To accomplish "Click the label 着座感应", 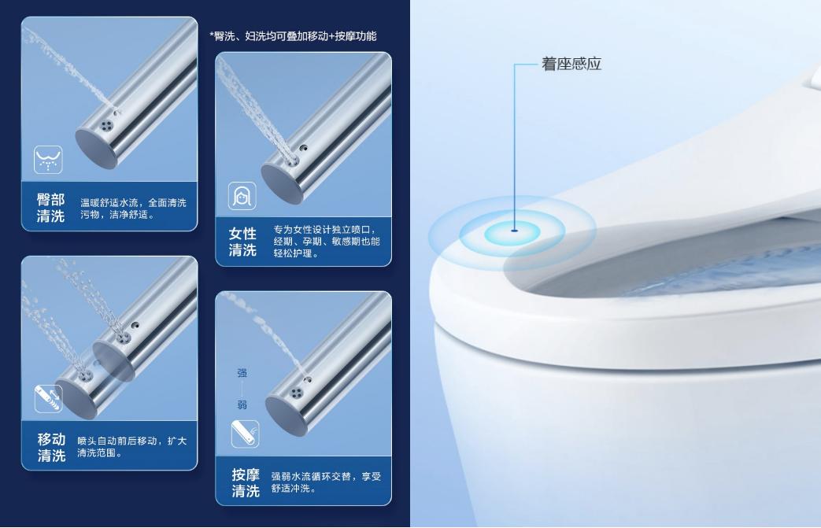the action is (x=571, y=64).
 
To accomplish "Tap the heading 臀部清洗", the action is (x=51, y=208).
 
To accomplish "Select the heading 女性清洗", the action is (x=242, y=242).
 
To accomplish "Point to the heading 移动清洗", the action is (x=51, y=447).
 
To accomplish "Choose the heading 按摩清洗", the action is (x=246, y=482).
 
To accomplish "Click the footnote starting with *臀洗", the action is (x=293, y=36).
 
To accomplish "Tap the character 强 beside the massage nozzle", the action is (x=242, y=373).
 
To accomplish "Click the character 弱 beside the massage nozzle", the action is (x=242, y=404).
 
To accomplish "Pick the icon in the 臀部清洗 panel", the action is (x=48, y=159).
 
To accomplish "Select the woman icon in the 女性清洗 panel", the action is (x=242, y=196).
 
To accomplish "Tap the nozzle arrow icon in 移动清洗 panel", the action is (x=48, y=398).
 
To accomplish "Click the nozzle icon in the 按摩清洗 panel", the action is (x=245, y=434).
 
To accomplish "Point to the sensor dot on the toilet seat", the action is (x=515, y=230).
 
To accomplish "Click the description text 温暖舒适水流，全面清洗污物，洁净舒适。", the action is (x=133, y=209).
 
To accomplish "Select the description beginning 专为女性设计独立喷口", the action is (x=327, y=242).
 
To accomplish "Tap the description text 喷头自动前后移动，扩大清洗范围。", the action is (x=132, y=446).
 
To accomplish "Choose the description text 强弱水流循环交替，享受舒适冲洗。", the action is (x=326, y=482).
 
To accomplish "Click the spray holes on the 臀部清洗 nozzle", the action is (x=107, y=126).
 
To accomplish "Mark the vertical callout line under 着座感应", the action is (x=515, y=146).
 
